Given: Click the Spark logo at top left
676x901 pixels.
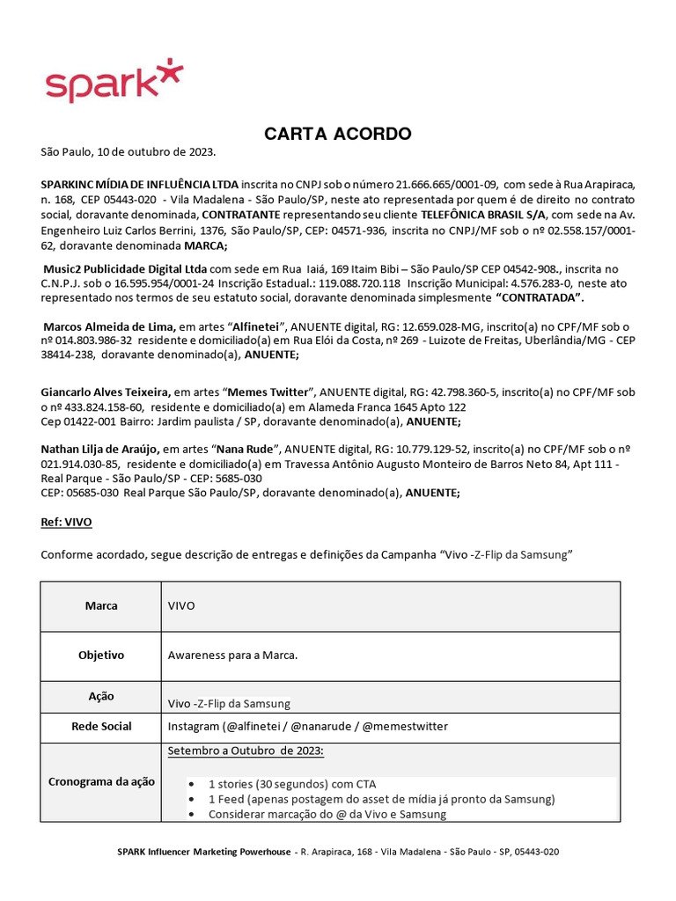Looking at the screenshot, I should [x=114, y=80].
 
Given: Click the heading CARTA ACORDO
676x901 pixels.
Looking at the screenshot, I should [x=338, y=134].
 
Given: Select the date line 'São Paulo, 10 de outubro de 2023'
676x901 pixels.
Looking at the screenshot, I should [x=128, y=152].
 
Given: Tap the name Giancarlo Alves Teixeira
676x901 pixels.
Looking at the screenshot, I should [x=106, y=392].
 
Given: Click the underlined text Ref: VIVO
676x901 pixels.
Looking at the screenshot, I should [x=66, y=522].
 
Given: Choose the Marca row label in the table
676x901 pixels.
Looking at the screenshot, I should [x=101, y=606].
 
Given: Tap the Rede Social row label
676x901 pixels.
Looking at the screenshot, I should [x=101, y=726].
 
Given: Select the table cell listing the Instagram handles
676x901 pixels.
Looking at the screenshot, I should [x=307, y=726].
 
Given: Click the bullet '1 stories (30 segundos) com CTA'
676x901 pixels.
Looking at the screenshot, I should [x=291, y=783].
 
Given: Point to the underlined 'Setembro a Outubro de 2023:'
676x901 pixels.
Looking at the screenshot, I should [x=246, y=750].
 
